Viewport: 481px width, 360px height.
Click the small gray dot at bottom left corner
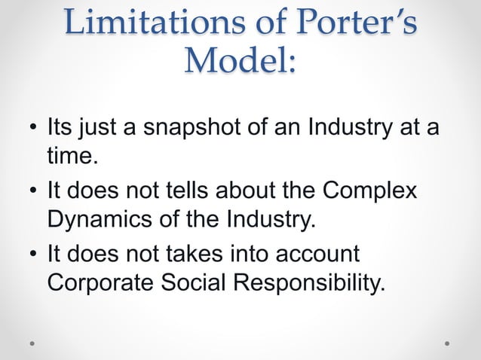pos(32,343)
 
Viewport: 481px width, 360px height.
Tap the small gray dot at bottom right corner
pos(447,343)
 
